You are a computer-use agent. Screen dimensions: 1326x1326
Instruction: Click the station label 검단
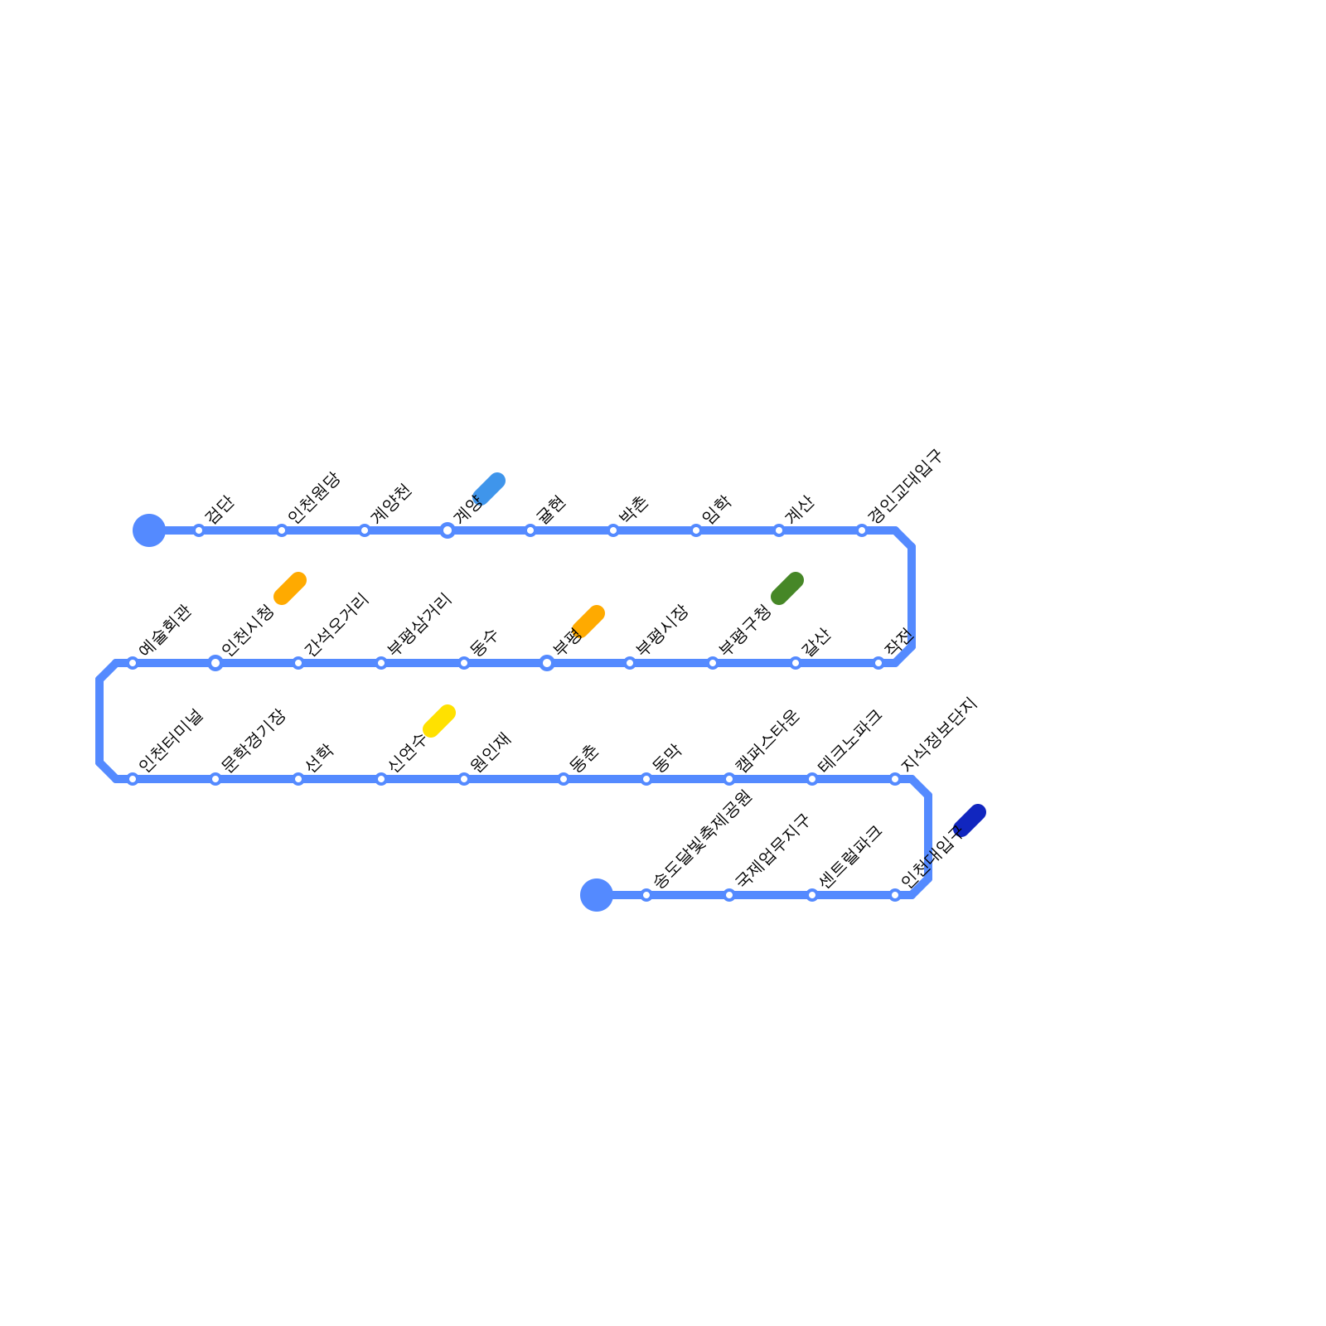coord(220,509)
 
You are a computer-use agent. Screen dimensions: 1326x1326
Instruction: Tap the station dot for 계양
coord(448,530)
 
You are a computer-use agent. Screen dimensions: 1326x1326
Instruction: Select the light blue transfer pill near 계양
coord(489,488)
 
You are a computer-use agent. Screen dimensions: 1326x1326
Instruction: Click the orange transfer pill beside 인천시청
coord(290,588)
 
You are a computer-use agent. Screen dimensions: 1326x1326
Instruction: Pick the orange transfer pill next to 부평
coord(588,621)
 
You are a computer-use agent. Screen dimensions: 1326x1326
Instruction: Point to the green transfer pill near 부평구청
coord(787,588)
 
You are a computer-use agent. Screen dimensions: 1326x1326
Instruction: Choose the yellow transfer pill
coord(439,720)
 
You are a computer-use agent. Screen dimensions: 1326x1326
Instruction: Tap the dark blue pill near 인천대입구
coord(970,820)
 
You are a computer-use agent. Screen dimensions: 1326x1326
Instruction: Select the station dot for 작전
coord(878,663)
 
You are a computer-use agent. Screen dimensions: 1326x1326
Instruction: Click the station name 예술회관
coord(165,631)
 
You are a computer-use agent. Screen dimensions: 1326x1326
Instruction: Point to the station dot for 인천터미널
coord(133,779)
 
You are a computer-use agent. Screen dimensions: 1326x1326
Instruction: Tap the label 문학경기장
coord(253,741)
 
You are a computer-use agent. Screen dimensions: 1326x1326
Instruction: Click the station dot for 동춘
coord(564,779)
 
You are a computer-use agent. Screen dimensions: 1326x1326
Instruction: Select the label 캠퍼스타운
coord(767,741)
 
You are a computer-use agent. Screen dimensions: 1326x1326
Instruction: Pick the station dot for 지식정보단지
coord(895,779)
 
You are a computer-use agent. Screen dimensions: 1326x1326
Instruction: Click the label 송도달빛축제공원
coord(702,839)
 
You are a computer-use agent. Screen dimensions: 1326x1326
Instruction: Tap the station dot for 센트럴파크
coord(812,895)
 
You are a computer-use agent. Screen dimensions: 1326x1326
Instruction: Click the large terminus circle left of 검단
coord(149,530)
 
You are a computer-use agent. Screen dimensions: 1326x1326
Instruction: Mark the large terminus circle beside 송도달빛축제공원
coord(597,895)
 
